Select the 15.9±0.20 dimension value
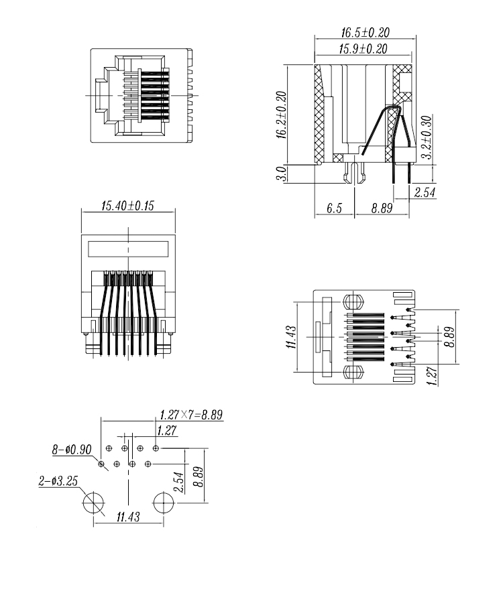364,48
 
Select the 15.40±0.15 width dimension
127,206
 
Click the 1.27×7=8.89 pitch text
190,415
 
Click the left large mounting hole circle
93,503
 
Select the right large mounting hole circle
162,503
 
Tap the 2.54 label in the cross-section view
423,193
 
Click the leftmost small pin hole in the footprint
101,463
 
